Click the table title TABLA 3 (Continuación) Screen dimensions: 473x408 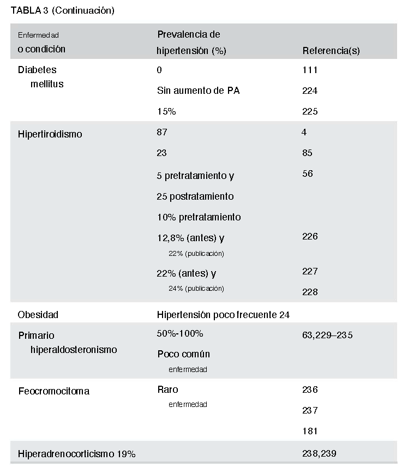click(x=63, y=10)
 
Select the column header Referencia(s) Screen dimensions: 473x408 click(x=331, y=51)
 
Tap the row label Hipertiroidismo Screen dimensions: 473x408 click(x=50, y=134)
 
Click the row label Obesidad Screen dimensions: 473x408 click(x=38, y=315)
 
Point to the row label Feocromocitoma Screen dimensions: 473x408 click(x=53, y=391)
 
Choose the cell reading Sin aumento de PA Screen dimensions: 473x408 click(x=198, y=91)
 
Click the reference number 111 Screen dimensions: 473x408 click(x=309, y=70)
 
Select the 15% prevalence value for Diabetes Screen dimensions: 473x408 click(x=166, y=111)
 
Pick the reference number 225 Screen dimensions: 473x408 click(x=310, y=111)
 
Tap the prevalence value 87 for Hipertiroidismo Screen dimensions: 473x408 click(x=162, y=132)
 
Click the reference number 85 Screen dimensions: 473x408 click(x=307, y=153)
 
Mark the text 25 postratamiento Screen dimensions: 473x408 click(x=195, y=196)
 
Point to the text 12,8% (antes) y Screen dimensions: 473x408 click(x=190, y=238)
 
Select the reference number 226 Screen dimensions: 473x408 click(x=310, y=236)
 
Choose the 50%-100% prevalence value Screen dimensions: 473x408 click(x=180, y=333)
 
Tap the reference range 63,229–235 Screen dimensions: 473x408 click(x=327, y=335)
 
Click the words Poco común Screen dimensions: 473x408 click(x=183, y=354)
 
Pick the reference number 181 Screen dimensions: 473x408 click(x=309, y=431)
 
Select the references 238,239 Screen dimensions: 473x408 click(x=319, y=453)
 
